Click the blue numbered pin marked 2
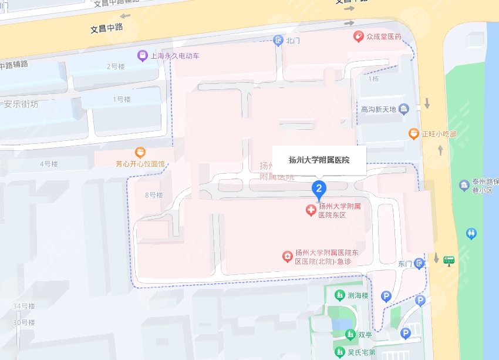[x=319, y=189]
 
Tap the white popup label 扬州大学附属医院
[x=319, y=160]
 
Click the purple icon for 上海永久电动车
[x=142, y=56]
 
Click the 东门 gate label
[x=405, y=264]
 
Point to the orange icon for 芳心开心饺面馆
[x=140, y=152]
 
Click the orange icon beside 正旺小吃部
[x=414, y=134]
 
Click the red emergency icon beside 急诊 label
[x=287, y=256]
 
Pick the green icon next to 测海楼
[x=339, y=295]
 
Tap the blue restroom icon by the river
[x=471, y=234]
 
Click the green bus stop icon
[x=449, y=260]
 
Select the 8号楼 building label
[x=153, y=195]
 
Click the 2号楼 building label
[x=116, y=66]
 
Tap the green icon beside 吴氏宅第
[x=339, y=352]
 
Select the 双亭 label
[x=365, y=335]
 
